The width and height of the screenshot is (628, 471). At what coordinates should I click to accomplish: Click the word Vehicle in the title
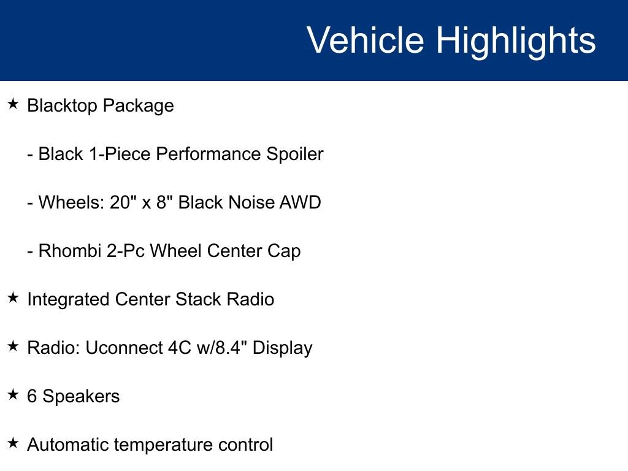tap(365, 40)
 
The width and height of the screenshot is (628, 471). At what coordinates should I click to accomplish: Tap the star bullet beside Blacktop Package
tap(13, 104)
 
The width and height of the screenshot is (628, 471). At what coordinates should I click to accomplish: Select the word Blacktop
tap(62, 105)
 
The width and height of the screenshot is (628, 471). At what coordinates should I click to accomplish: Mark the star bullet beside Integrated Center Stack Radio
tap(13, 298)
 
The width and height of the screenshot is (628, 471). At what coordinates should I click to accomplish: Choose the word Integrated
tap(68, 300)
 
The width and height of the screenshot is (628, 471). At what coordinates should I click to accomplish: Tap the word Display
tap(283, 348)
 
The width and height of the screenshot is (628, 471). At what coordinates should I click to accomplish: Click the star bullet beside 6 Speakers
tap(13, 395)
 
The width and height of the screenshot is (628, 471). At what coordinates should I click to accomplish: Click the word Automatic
tap(67, 445)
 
